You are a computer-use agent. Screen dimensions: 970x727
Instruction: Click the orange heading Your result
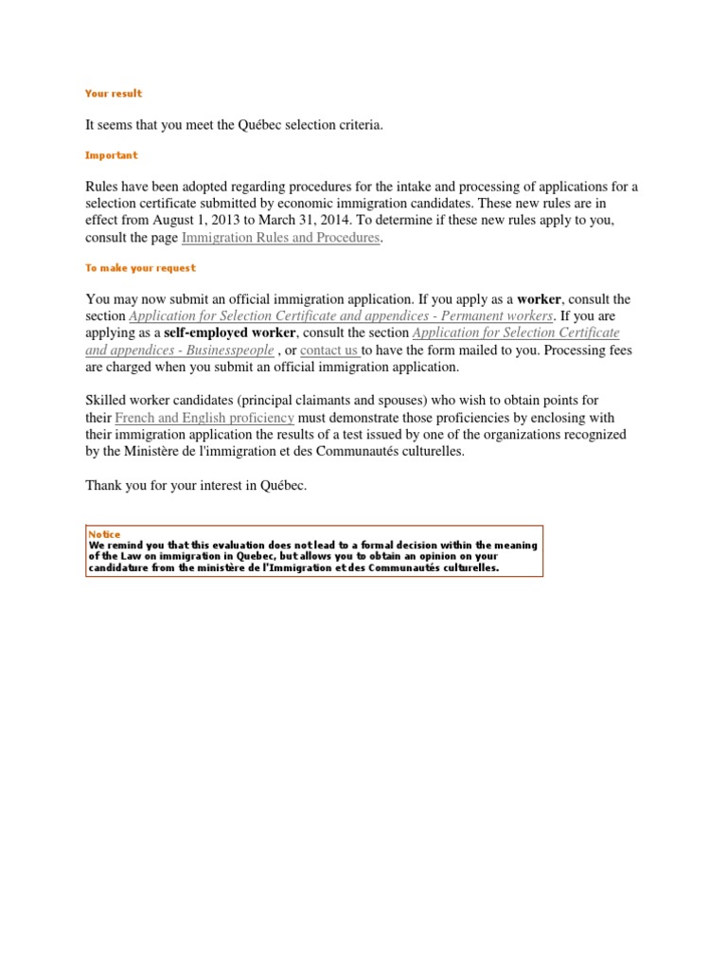click(x=114, y=94)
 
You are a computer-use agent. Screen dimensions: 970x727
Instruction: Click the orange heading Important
click(x=111, y=155)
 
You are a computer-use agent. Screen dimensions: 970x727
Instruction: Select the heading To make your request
click(x=140, y=269)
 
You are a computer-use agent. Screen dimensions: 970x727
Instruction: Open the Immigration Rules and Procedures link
click(x=280, y=238)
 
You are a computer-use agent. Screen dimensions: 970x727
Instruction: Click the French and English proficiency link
click(x=204, y=418)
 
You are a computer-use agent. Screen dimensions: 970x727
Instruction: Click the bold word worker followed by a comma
click(x=539, y=299)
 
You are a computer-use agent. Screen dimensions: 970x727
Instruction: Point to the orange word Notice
click(x=104, y=534)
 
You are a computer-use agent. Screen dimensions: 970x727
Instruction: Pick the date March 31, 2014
click(x=295, y=221)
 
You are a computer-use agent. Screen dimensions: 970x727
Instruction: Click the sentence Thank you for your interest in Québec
click(x=197, y=486)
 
